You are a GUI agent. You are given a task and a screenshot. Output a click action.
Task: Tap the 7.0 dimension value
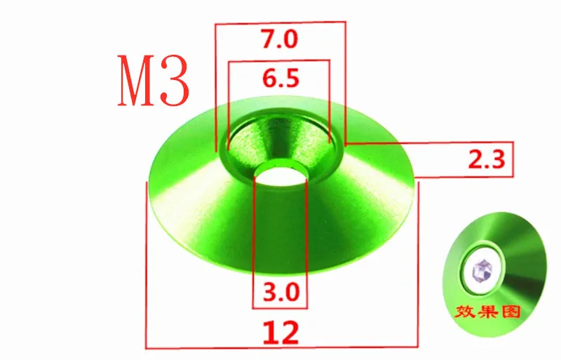click(x=279, y=40)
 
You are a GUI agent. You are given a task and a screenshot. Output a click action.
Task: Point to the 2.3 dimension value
click(x=486, y=161)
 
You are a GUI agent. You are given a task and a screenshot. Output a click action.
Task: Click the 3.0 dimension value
click(x=278, y=291)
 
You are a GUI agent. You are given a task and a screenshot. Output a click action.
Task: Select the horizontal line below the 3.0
click(x=279, y=307)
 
